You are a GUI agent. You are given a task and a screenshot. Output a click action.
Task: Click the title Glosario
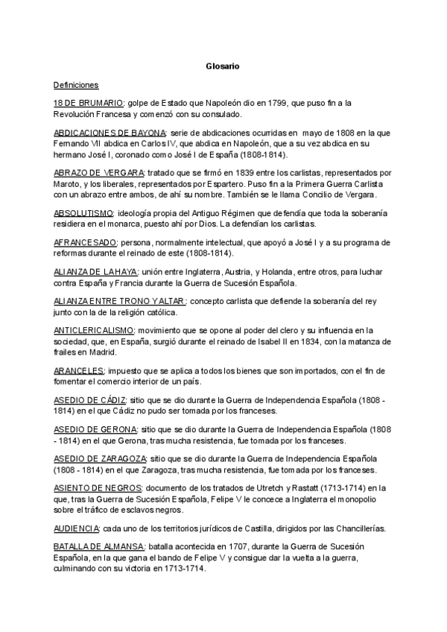[x=223, y=66]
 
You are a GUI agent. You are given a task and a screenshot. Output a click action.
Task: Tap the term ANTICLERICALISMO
[x=94, y=329]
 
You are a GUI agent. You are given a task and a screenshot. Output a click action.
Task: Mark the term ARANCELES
[x=78, y=370]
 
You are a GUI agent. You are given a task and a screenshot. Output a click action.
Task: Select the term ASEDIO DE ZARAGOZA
[x=100, y=458]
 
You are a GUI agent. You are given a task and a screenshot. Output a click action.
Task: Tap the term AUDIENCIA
[x=76, y=527]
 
